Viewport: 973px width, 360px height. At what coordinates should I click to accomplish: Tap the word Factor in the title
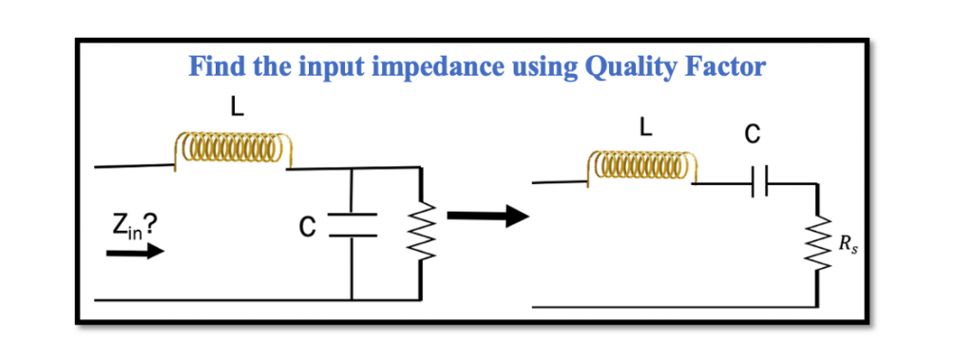point(732,67)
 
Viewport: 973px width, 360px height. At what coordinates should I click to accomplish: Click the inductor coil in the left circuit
point(232,150)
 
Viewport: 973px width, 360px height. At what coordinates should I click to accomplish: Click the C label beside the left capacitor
point(306,225)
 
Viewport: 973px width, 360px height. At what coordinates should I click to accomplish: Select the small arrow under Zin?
point(134,253)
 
